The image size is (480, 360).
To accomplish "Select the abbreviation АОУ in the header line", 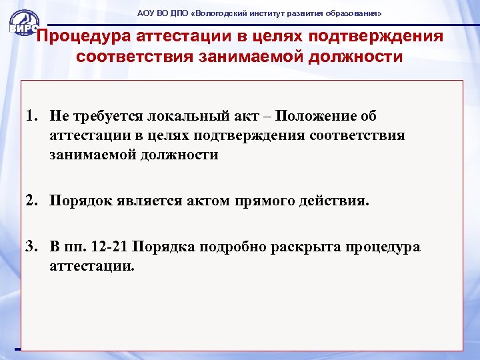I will click(145, 13).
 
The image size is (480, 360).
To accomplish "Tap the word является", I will click(144, 201).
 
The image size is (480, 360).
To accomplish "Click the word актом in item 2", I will click(203, 201).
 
